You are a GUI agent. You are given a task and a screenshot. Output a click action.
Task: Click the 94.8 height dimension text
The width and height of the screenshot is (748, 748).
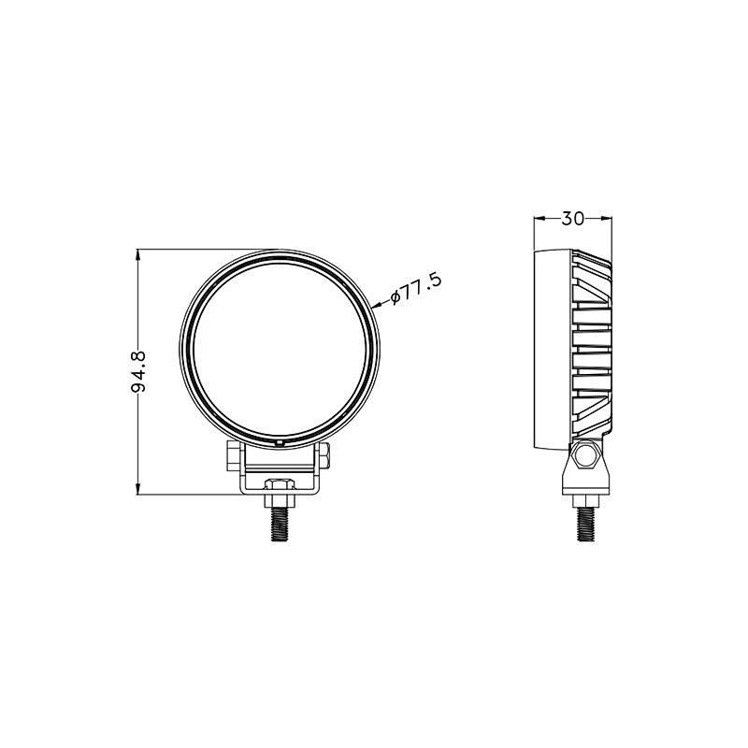[x=139, y=371]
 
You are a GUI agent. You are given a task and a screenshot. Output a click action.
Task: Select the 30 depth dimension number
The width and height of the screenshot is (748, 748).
[x=573, y=219]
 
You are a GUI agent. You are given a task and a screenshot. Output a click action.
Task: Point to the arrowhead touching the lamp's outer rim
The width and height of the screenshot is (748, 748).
[x=377, y=304]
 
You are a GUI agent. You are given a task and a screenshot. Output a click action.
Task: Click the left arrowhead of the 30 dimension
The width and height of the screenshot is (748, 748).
[x=538, y=219]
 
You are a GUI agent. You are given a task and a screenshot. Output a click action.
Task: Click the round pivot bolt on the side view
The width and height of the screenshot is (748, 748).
[x=586, y=456]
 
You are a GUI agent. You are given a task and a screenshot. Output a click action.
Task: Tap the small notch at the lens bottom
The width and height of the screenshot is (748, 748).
[x=280, y=439]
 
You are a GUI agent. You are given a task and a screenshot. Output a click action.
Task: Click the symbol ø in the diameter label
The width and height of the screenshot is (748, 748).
[x=396, y=295]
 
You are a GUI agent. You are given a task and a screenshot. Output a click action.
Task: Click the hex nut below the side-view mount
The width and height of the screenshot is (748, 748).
[x=585, y=496]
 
